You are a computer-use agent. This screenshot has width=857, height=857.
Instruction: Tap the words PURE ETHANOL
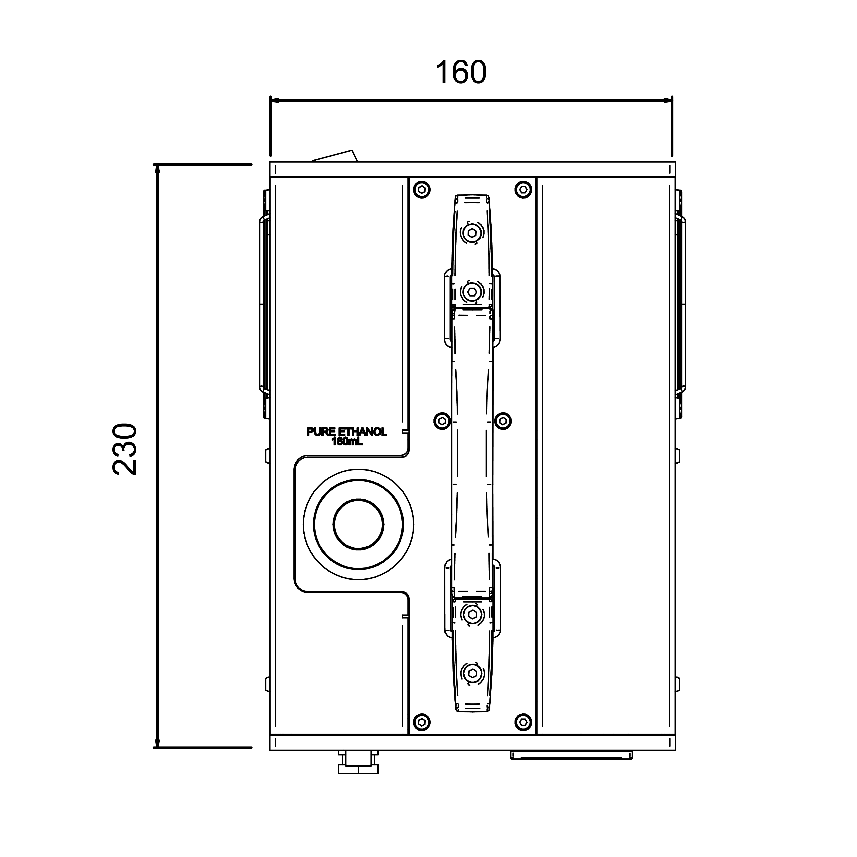[x=347, y=432]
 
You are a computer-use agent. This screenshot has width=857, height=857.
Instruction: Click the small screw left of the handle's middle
[x=442, y=421]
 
